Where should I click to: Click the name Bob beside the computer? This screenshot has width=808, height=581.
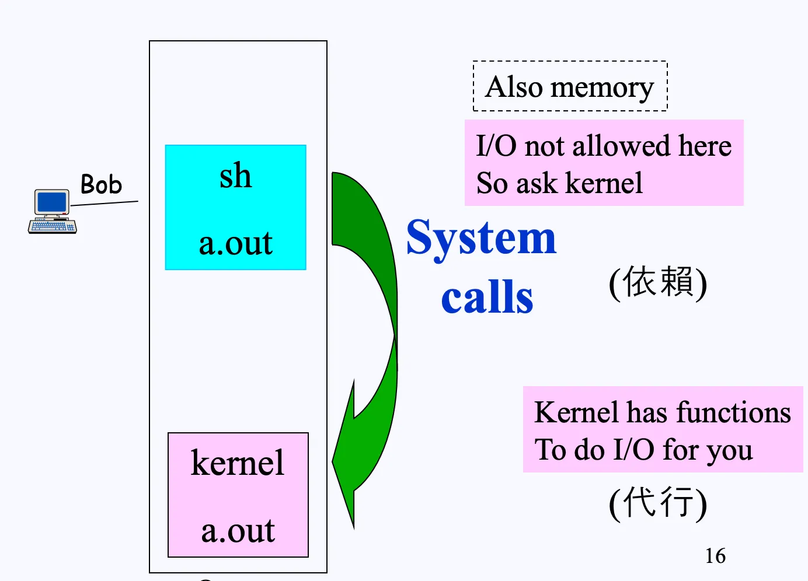click(101, 184)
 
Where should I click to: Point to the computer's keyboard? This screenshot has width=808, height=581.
click(53, 226)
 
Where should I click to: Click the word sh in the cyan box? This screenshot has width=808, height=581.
click(235, 176)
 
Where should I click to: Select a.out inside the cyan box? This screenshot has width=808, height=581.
click(235, 243)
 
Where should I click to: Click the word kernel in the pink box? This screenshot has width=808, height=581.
click(237, 463)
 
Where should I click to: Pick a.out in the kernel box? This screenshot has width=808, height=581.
click(238, 531)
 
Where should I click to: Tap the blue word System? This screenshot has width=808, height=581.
click(481, 238)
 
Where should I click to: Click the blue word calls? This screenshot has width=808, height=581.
click(487, 297)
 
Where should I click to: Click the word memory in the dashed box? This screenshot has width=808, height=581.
click(602, 88)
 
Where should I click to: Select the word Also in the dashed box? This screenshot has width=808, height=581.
click(514, 87)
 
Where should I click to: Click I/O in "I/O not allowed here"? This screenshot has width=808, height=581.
click(496, 146)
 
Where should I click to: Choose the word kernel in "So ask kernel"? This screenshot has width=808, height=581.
click(604, 183)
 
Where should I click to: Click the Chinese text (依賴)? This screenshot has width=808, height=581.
click(658, 282)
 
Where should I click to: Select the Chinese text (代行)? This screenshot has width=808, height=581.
click(658, 502)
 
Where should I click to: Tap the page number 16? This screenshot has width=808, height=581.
click(715, 556)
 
